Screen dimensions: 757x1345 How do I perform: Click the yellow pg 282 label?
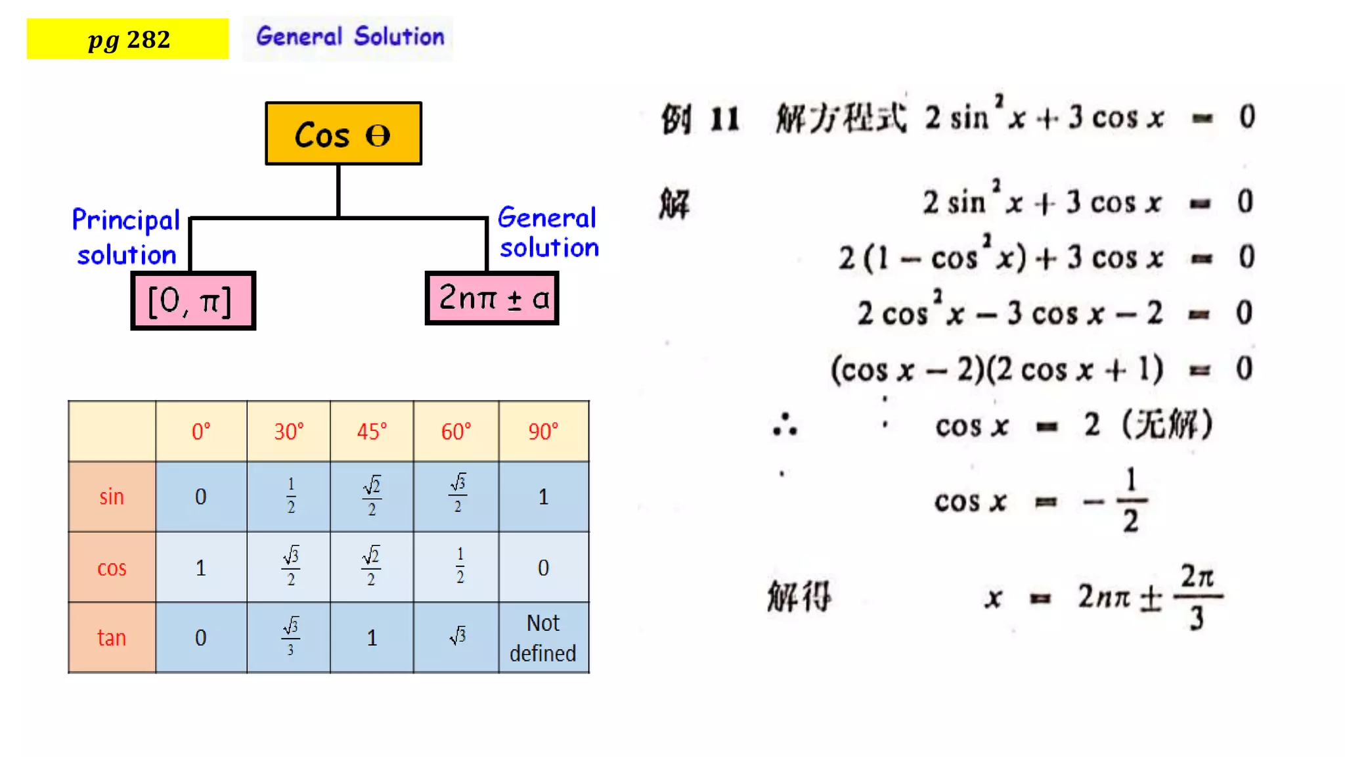coord(128,39)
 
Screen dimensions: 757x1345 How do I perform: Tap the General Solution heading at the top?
coord(349,37)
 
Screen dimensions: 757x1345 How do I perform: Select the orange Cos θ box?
coord(343,134)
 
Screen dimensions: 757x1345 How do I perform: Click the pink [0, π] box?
coord(192,301)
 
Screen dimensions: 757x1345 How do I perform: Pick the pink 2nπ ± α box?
coord(492,298)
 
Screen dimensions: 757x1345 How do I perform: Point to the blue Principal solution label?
coord(126,237)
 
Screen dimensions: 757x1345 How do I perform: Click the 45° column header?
coord(372,432)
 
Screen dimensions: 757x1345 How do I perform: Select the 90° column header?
coord(543,432)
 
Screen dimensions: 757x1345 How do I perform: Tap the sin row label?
coord(112,497)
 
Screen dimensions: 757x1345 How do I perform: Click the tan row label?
coord(112,637)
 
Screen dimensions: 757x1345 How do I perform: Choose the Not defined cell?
coord(543,637)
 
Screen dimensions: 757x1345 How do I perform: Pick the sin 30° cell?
coord(291,496)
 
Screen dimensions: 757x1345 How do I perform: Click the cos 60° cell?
coord(460,566)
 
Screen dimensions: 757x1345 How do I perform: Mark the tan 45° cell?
coord(372,637)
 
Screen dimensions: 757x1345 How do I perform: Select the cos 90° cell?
coord(543,567)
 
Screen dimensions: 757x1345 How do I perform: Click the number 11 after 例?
coord(725,120)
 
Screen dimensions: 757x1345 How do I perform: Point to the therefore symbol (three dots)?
coord(785,425)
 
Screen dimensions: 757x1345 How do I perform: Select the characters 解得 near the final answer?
coord(799,597)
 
